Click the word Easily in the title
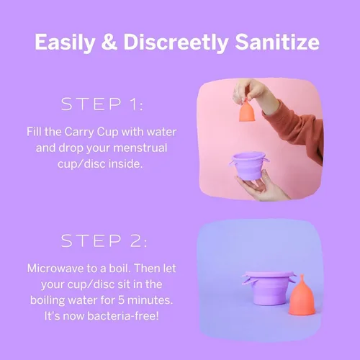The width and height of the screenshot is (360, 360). [x=68, y=42]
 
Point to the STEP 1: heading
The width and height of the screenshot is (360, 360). [x=102, y=105]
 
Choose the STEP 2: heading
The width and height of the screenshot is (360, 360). [x=102, y=240]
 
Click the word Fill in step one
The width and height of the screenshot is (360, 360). [x=36, y=132]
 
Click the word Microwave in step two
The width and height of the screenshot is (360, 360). [x=57, y=268]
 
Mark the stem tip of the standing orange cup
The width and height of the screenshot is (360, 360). [x=302, y=278]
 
